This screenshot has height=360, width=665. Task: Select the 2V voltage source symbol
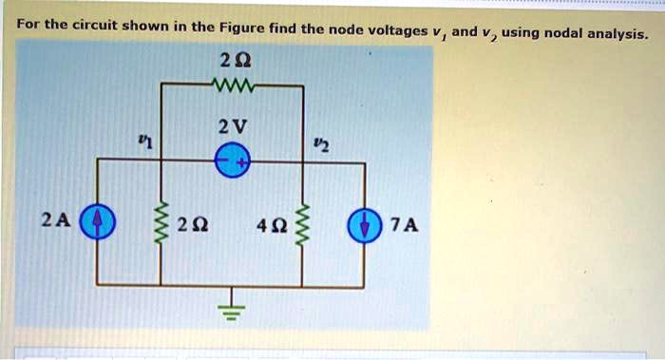[232, 162]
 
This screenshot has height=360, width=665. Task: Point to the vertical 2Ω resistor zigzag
[160, 224]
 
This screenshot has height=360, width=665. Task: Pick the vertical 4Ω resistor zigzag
[304, 224]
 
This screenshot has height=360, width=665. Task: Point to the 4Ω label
[271, 226]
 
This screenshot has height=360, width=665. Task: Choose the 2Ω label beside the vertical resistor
[194, 226]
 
